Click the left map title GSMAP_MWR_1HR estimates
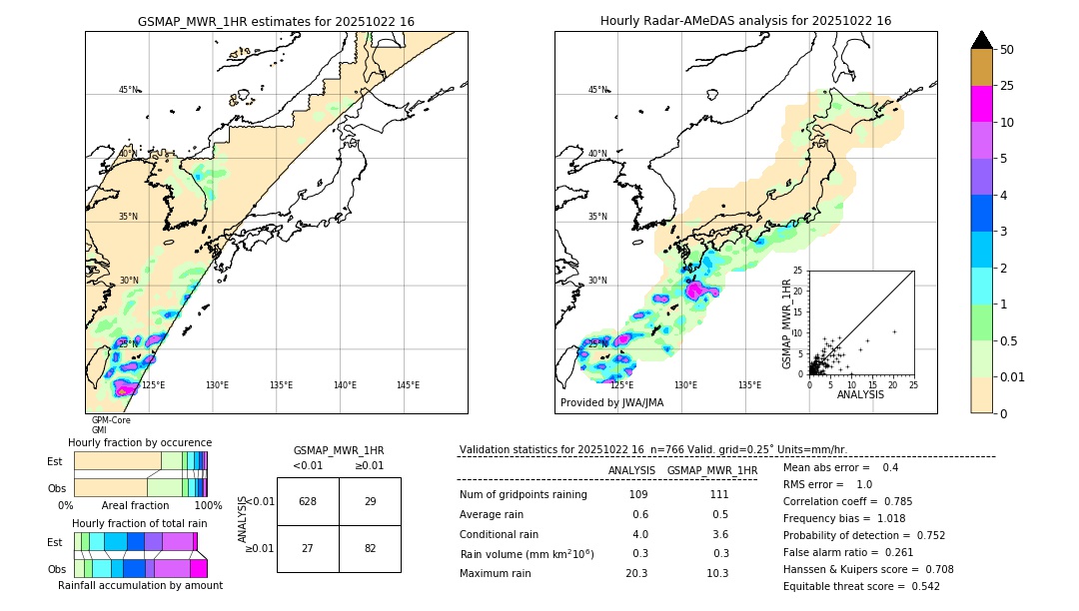coord(276,21)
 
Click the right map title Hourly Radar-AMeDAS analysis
coord(745,21)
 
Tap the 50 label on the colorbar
coord(1007,50)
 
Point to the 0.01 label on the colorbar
coord(1013,376)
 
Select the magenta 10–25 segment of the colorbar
coord(981,105)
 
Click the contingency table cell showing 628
coord(308,501)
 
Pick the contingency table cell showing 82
coord(370,548)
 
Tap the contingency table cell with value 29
coord(370,501)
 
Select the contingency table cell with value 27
coord(308,548)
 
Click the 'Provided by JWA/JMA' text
coord(611,403)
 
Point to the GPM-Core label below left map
coord(111,420)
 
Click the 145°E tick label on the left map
coord(408,385)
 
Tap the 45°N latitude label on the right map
coord(597,90)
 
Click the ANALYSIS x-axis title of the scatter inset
coord(860,395)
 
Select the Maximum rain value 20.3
coord(636,573)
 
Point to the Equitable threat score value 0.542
coord(918,586)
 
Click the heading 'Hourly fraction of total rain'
coord(140,523)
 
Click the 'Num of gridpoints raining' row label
coord(523,495)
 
